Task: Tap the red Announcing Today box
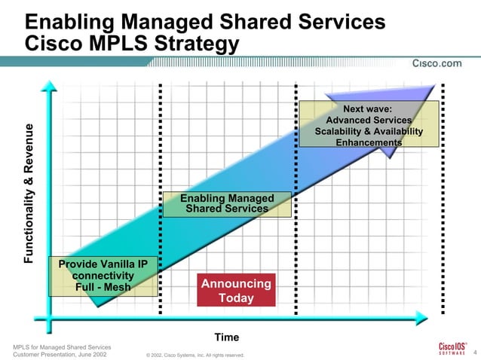235,291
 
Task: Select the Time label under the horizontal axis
227,337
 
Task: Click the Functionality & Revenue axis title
29,192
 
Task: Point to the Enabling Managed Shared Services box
227,203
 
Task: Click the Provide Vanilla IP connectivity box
103,276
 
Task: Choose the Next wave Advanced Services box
369,126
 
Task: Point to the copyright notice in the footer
194,355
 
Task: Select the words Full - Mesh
103,287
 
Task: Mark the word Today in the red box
236,298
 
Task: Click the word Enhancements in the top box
369,143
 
